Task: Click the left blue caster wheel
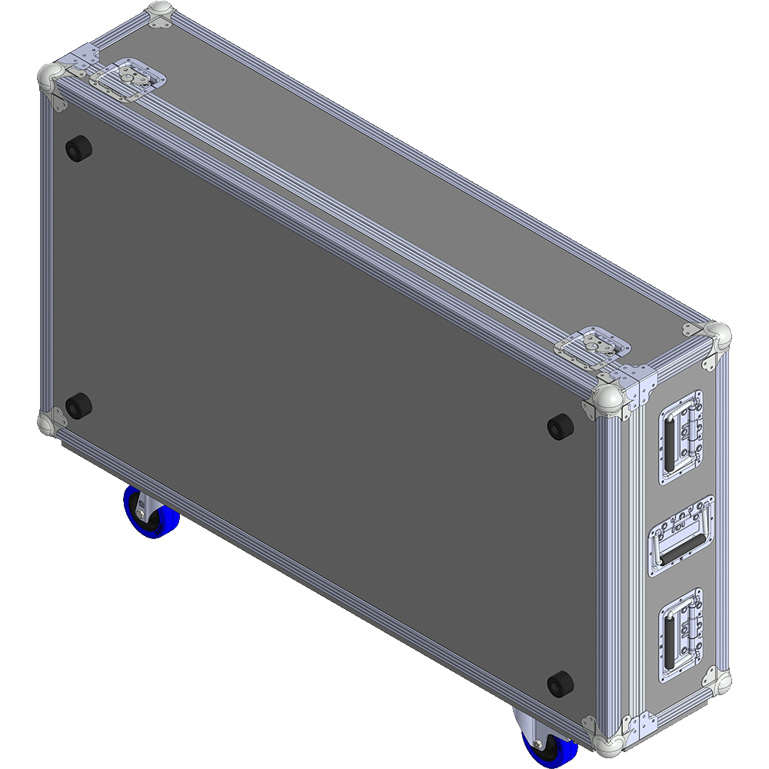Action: [x=151, y=514]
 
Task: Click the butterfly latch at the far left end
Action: [x=128, y=80]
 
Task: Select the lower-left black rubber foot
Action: [x=77, y=405]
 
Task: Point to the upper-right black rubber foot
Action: [x=560, y=426]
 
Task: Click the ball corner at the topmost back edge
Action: [x=159, y=14]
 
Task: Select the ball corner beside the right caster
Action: [x=604, y=741]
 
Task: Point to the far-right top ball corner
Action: [x=718, y=335]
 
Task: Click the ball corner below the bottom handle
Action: [x=718, y=681]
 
